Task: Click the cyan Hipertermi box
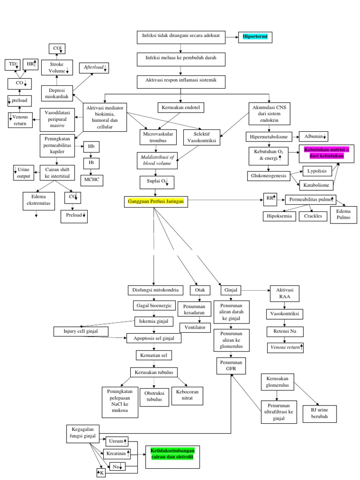(x=254, y=36)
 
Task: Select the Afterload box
(x=95, y=68)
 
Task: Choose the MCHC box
(x=92, y=180)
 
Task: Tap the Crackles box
(x=313, y=216)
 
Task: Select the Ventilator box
(x=195, y=327)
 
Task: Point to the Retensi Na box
(x=285, y=331)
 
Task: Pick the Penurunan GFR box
(x=230, y=366)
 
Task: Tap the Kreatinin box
(x=116, y=454)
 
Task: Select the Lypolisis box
(x=317, y=171)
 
